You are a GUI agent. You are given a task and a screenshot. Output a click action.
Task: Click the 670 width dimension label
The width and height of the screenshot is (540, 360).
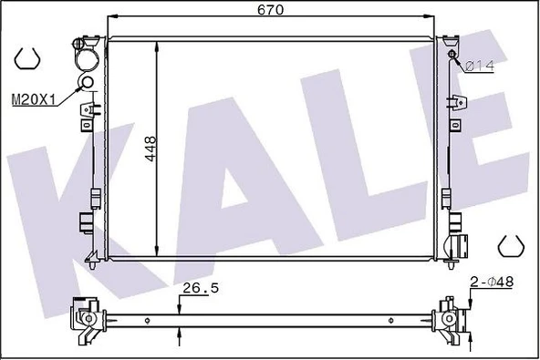[270, 9]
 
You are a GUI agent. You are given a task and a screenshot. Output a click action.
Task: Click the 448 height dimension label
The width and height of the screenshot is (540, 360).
[151, 149]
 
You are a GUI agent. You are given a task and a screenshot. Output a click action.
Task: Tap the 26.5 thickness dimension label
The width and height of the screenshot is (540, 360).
[201, 288]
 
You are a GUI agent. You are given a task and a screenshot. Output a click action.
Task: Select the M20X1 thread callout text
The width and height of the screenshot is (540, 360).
[34, 100]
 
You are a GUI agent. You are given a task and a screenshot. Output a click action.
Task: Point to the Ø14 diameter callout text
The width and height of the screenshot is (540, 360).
[480, 66]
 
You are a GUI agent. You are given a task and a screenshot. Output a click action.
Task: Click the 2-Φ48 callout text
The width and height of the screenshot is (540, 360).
[492, 282]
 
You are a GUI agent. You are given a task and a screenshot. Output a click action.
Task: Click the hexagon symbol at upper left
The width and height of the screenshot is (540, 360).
[26, 57]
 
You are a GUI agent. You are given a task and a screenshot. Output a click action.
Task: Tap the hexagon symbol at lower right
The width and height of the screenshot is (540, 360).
[512, 246]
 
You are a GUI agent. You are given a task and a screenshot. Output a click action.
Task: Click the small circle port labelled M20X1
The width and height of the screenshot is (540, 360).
[86, 82]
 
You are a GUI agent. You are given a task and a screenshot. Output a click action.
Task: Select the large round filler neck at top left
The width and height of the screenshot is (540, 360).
[88, 59]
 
